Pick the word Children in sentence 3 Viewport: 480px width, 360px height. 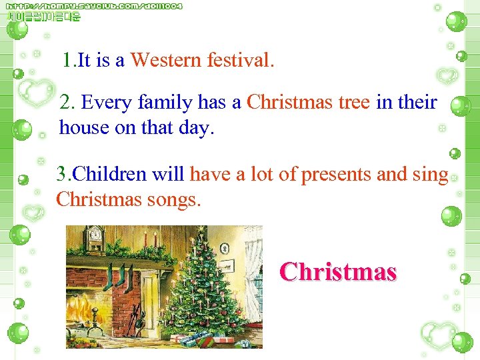tap(110, 175)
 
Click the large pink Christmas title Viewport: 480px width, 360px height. tap(338, 272)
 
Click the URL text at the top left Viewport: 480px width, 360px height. tap(94, 6)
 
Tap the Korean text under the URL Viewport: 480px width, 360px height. tap(44, 17)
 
